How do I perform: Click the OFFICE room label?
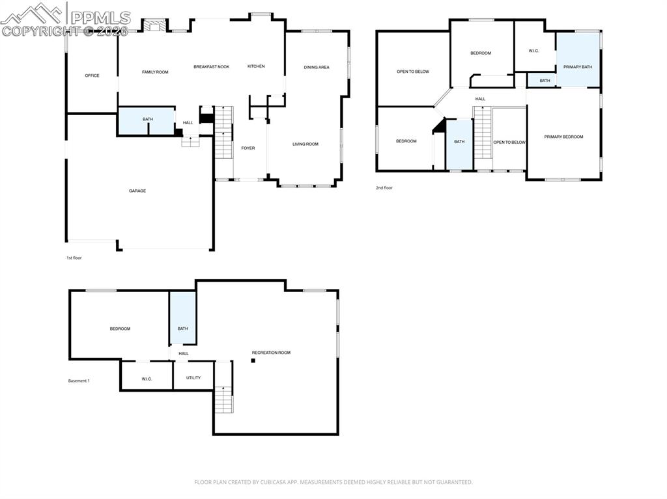point(92,75)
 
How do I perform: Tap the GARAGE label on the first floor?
point(137,191)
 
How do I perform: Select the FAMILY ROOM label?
point(155,72)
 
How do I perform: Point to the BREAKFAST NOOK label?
point(211,66)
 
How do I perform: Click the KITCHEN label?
point(256,66)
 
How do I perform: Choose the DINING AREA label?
point(317,67)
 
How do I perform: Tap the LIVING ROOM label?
point(305,144)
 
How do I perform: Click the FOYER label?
point(248,148)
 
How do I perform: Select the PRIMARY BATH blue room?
point(578,60)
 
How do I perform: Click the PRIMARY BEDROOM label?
point(563,137)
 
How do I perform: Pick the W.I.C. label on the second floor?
point(533,51)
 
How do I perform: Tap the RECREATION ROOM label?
point(271,353)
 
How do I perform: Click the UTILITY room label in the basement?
point(193,377)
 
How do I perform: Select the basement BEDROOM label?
point(120,329)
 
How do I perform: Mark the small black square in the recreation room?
point(253,360)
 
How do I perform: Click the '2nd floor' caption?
point(384,187)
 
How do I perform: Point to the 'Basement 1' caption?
point(79,381)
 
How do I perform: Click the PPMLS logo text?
point(100,18)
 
